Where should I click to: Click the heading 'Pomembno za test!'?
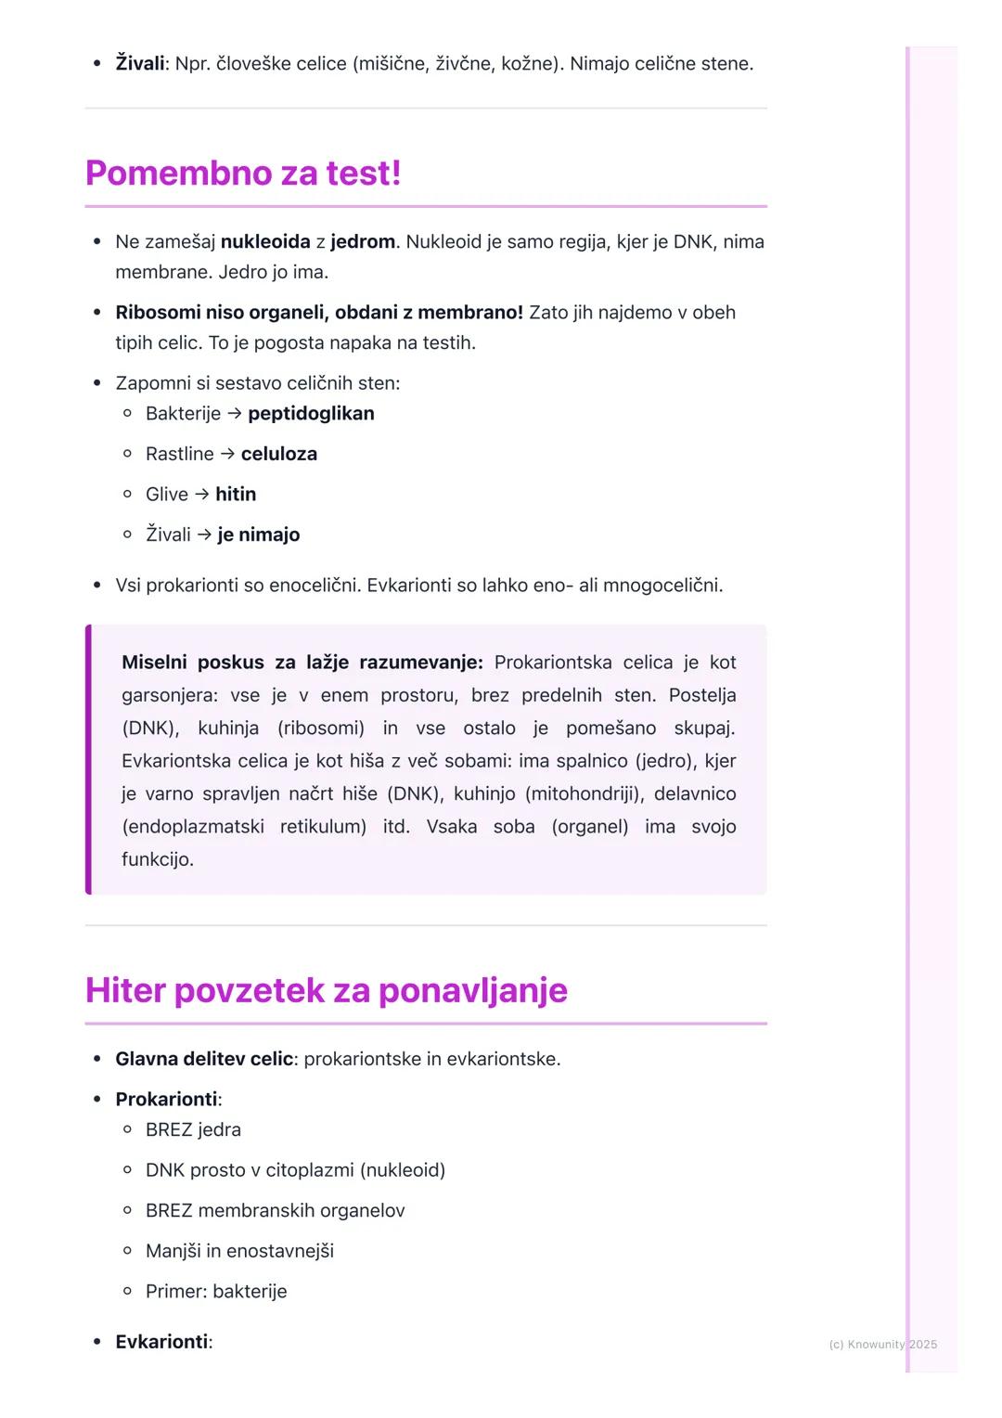(x=243, y=174)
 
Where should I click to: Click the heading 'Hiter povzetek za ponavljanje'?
(x=326, y=990)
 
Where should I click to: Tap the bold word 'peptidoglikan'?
(x=311, y=414)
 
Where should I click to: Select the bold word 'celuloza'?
(x=278, y=454)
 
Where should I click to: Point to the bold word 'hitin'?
(x=236, y=495)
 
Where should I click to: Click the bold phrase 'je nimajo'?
(x=259, y=535)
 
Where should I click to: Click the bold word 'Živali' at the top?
(x=139, y=64)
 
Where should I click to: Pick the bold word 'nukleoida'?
(x=265, y=242)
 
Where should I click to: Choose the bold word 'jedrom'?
(x=363, y=242)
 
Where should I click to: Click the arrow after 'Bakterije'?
(x=234, y=414)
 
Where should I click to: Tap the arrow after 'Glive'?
(x=201, y=495)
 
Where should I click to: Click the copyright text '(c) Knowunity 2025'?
(x=882, y=1344)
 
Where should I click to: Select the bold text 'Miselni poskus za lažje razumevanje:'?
(x=302, y=663)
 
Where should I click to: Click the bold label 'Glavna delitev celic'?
(x=204, y=1059)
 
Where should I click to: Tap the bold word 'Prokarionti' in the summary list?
(x=166, y=1100)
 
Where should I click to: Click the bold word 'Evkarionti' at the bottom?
(x=161, y=1342)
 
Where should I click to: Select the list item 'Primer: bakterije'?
(x=216, y=1292)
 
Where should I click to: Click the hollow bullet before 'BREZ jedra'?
(x=128, y=1130)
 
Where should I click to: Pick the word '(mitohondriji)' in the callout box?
(x=584, y=793)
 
